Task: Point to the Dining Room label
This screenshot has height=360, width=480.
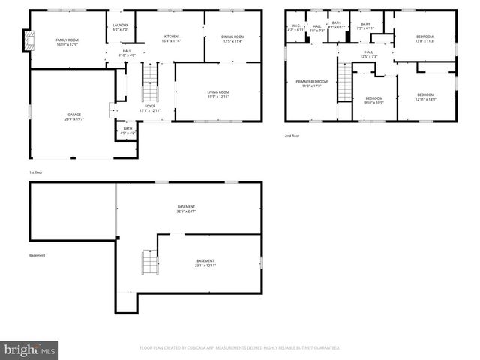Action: click(233, 39)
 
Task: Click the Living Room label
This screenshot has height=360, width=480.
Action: click(218, 94)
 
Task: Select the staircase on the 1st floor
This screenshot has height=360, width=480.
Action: click(150, 84)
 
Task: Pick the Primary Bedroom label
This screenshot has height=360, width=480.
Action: click(312, 83)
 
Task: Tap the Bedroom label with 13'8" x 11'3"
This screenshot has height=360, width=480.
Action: click(424, 39)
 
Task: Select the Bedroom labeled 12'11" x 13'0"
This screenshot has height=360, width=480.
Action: click(425, 96)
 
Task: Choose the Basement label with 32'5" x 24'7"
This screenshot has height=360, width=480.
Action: click(186, 208)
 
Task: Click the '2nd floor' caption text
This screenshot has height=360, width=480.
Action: click(292, 136)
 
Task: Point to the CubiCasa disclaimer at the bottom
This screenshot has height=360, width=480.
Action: click(240, 347)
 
